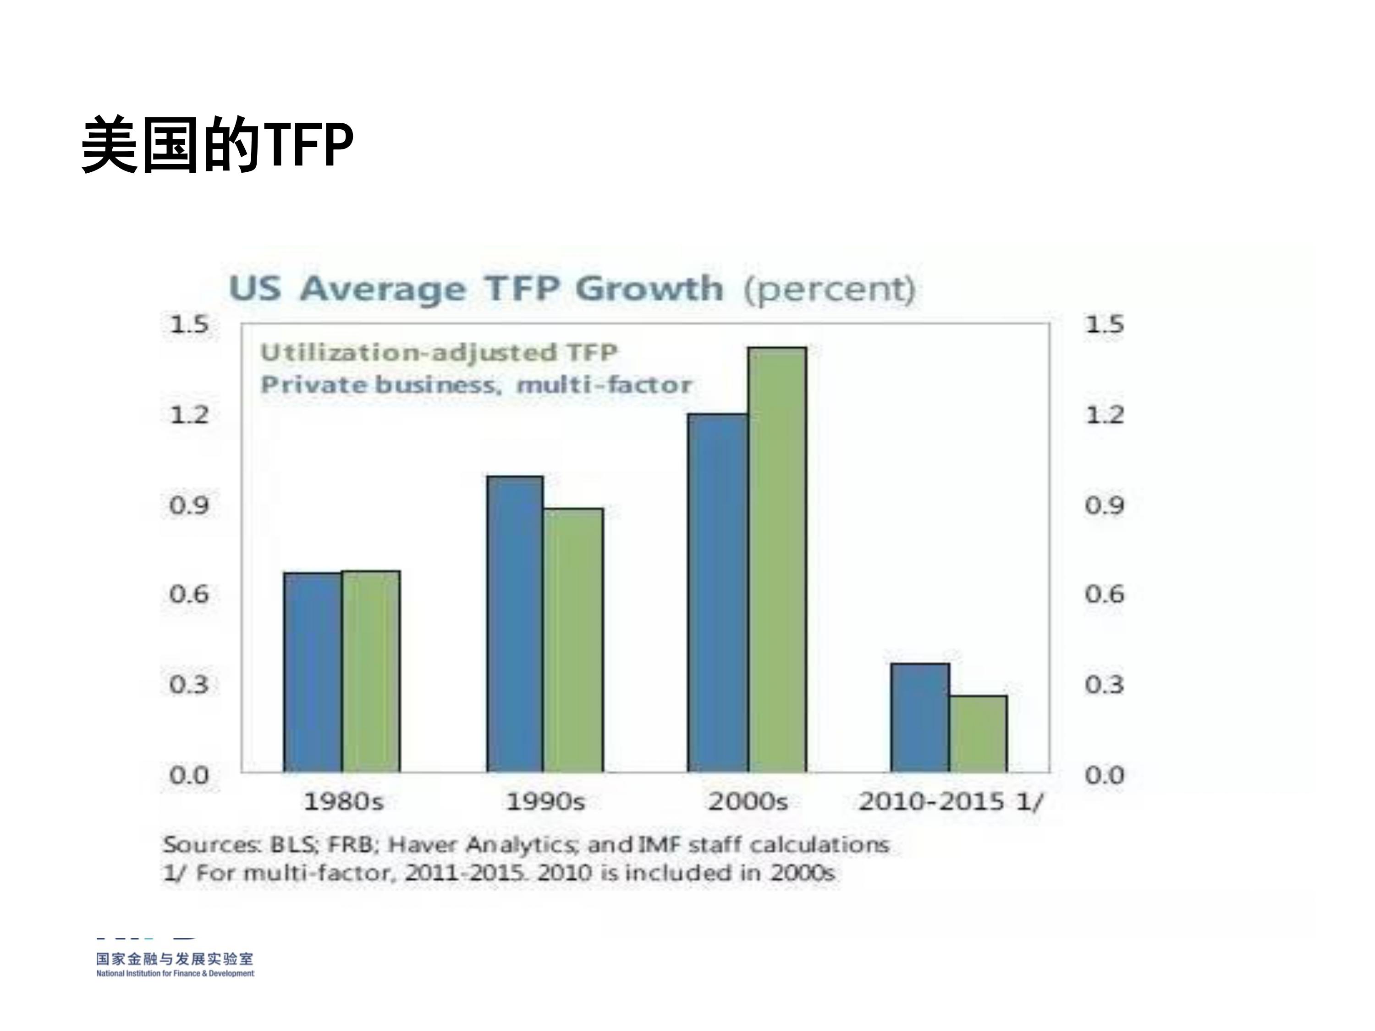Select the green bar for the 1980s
[371, 671]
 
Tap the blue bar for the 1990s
[515, 624]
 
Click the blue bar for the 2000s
[718, 593]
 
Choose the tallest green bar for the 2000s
[777, 559]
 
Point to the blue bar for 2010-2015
[920, 718]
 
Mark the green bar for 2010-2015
[979, 734]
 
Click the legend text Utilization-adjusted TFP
[439, 352]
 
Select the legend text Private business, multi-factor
[476, 385]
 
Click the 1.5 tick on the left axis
[190, 324]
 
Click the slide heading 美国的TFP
[218, 145]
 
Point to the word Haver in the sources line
[423, 845]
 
